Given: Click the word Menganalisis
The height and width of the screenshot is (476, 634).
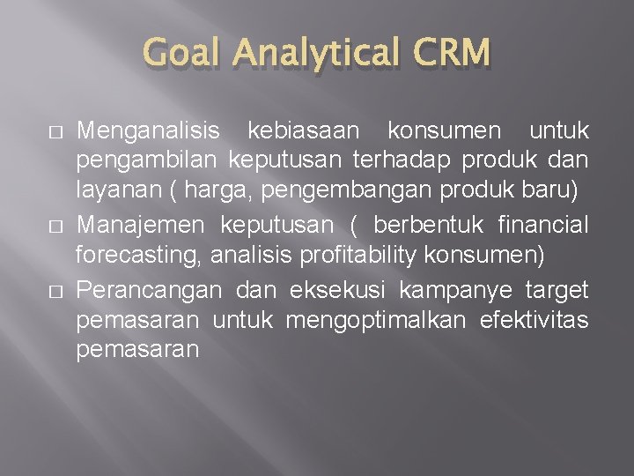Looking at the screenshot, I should click(149, 131).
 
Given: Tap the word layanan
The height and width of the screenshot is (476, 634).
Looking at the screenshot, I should click(112, 194).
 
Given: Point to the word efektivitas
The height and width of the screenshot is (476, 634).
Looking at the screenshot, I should click(534, 319).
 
